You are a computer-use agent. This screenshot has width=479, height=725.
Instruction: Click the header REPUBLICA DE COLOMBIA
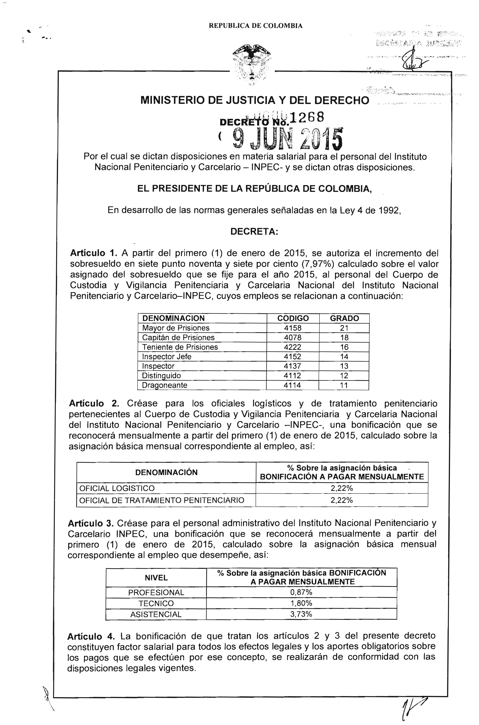tap(256, 26)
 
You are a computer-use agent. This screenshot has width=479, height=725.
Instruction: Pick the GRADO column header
tap(344, 318)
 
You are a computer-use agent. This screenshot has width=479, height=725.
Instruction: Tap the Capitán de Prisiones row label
tap(178, 338)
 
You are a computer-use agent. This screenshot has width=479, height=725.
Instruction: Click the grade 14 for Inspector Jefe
tap(344, 356)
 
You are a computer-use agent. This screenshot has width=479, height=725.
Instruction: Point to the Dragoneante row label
tap(165, 385)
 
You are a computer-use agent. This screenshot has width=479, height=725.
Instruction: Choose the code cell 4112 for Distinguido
tap(292, 376)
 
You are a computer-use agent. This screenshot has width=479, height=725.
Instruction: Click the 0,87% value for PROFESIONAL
tap(301, 592)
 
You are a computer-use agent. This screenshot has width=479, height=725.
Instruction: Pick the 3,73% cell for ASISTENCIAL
tap(301, 614)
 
